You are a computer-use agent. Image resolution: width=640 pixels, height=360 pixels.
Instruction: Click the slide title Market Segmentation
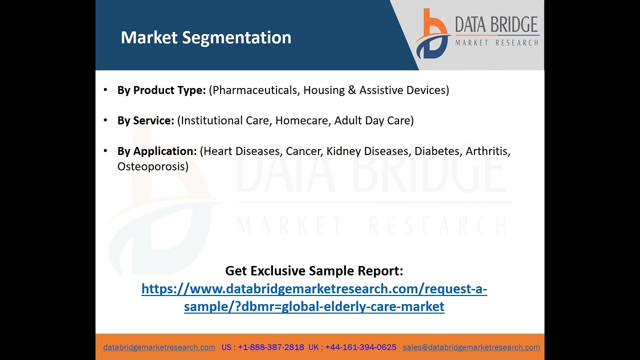click(205, 37)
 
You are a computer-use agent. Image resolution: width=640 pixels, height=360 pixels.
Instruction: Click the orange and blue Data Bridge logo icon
click(432, 33)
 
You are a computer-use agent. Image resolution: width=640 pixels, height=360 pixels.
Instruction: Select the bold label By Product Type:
click(161, 90)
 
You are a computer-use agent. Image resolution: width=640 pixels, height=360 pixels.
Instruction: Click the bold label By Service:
click(145, 120)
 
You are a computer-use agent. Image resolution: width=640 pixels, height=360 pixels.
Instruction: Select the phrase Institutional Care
click(225, 120)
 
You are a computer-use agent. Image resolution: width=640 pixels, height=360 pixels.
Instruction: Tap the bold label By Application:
click(157, 151)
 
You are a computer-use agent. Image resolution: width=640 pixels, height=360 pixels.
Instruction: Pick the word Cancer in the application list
click(303, 151)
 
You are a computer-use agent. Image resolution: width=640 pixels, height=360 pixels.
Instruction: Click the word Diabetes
click(437, 151)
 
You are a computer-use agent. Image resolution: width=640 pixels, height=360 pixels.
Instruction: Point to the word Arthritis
click(486, 151)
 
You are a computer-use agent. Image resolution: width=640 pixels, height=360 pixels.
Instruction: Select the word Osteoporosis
click(151, 166)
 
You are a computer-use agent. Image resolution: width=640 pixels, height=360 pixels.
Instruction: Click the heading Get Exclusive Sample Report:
click(314, 270)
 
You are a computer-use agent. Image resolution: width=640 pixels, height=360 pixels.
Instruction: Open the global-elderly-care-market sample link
click(314, 297)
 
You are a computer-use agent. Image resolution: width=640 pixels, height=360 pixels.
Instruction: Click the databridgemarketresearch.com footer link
click(159, 347)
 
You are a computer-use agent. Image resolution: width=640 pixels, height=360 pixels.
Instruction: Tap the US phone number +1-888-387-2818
click(270, 347)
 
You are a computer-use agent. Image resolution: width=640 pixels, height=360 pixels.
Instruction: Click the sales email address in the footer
click(471, 347)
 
